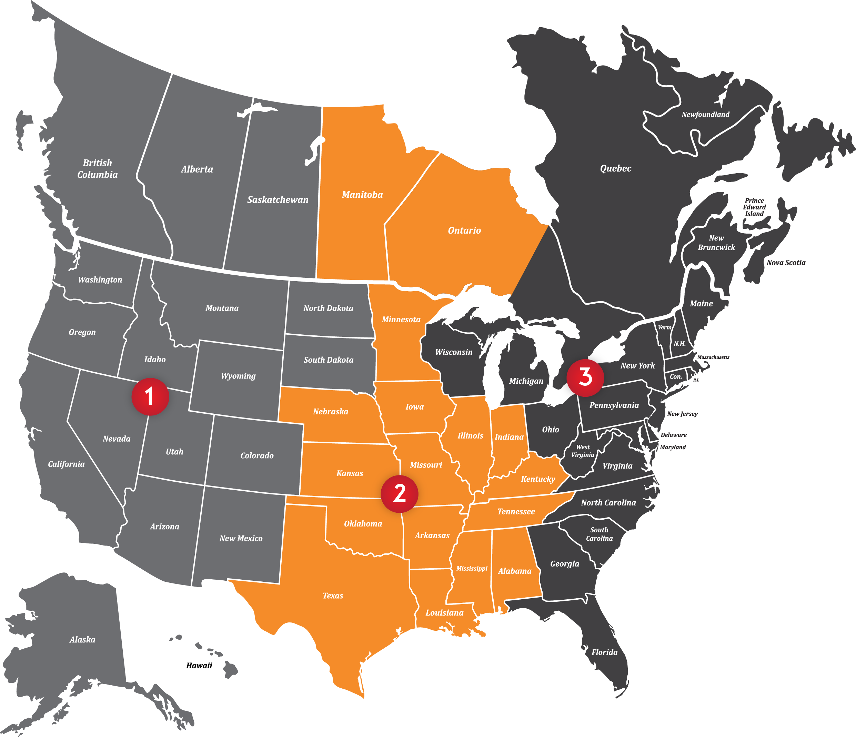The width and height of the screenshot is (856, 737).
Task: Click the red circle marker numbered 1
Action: pos(150,396)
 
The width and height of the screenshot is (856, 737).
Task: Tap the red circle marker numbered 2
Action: pos(399,494)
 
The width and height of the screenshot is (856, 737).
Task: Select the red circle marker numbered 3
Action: pos(585,377)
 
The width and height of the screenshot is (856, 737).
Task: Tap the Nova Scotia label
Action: pos(786,263)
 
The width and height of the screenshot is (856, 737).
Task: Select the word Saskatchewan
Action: pos(278,200)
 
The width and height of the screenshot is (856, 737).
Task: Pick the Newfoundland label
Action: pos(705,115)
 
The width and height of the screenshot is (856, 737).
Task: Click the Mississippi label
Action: pos(472,569)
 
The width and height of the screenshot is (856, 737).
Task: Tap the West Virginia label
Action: pos(583,451)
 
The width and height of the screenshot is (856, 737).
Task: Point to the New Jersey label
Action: pos(682,414)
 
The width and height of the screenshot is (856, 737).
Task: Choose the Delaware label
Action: pos(673,435)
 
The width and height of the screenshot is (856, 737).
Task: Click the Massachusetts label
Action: pos(713,357)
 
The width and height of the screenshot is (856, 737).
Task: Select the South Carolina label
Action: pos(599,534)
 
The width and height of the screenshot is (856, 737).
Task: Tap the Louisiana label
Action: pos(444,612)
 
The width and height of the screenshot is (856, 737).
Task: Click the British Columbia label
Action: pos(98,169)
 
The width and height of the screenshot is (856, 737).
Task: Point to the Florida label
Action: pos(604,652)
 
